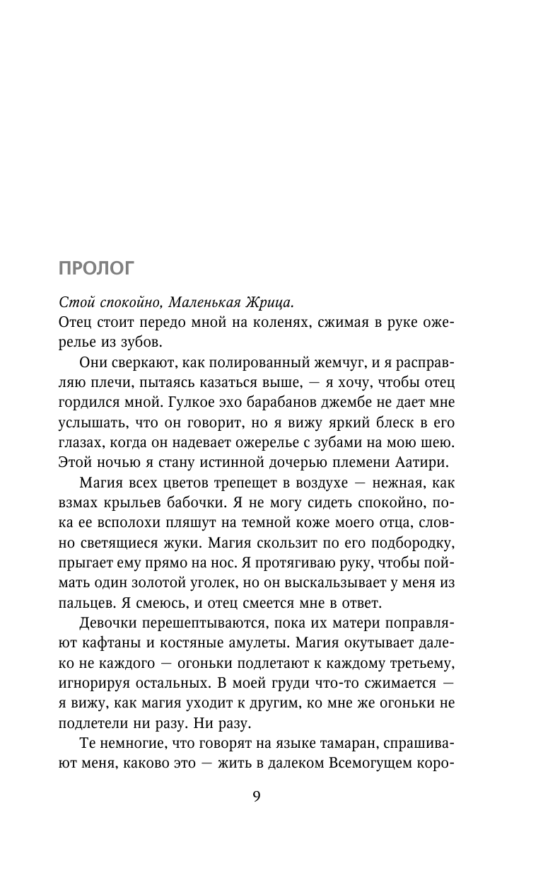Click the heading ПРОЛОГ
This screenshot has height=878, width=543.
tap(95, 268)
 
